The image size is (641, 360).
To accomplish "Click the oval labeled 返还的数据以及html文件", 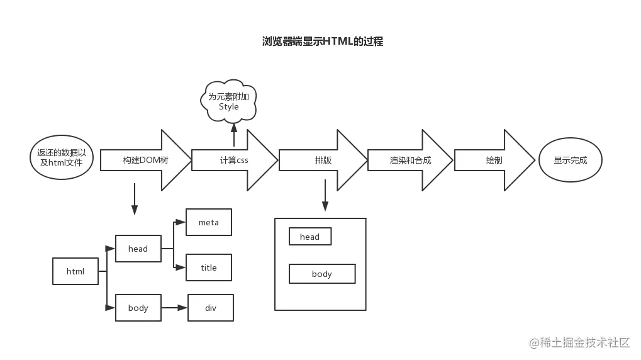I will click(62, 157).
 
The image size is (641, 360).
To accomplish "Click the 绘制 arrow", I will click(494, 160).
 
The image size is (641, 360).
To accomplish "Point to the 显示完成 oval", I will click(571, 160).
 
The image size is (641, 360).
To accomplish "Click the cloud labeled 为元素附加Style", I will click(229, 101).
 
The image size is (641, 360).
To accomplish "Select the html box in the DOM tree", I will click(75, 272).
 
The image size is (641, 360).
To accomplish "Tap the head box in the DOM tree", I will click(138, 249).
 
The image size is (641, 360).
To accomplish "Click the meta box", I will click(209, 222).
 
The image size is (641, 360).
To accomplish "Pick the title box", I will click(209, 267).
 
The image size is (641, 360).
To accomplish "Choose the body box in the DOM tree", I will click(138, 308).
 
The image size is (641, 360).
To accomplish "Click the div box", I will click(210, 308).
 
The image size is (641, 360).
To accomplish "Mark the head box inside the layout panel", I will click(309, 237).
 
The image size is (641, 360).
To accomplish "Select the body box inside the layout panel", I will click(322, 274).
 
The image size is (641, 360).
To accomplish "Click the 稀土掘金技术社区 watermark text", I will click(579, 342).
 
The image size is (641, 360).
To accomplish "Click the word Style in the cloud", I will click(229, 106).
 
